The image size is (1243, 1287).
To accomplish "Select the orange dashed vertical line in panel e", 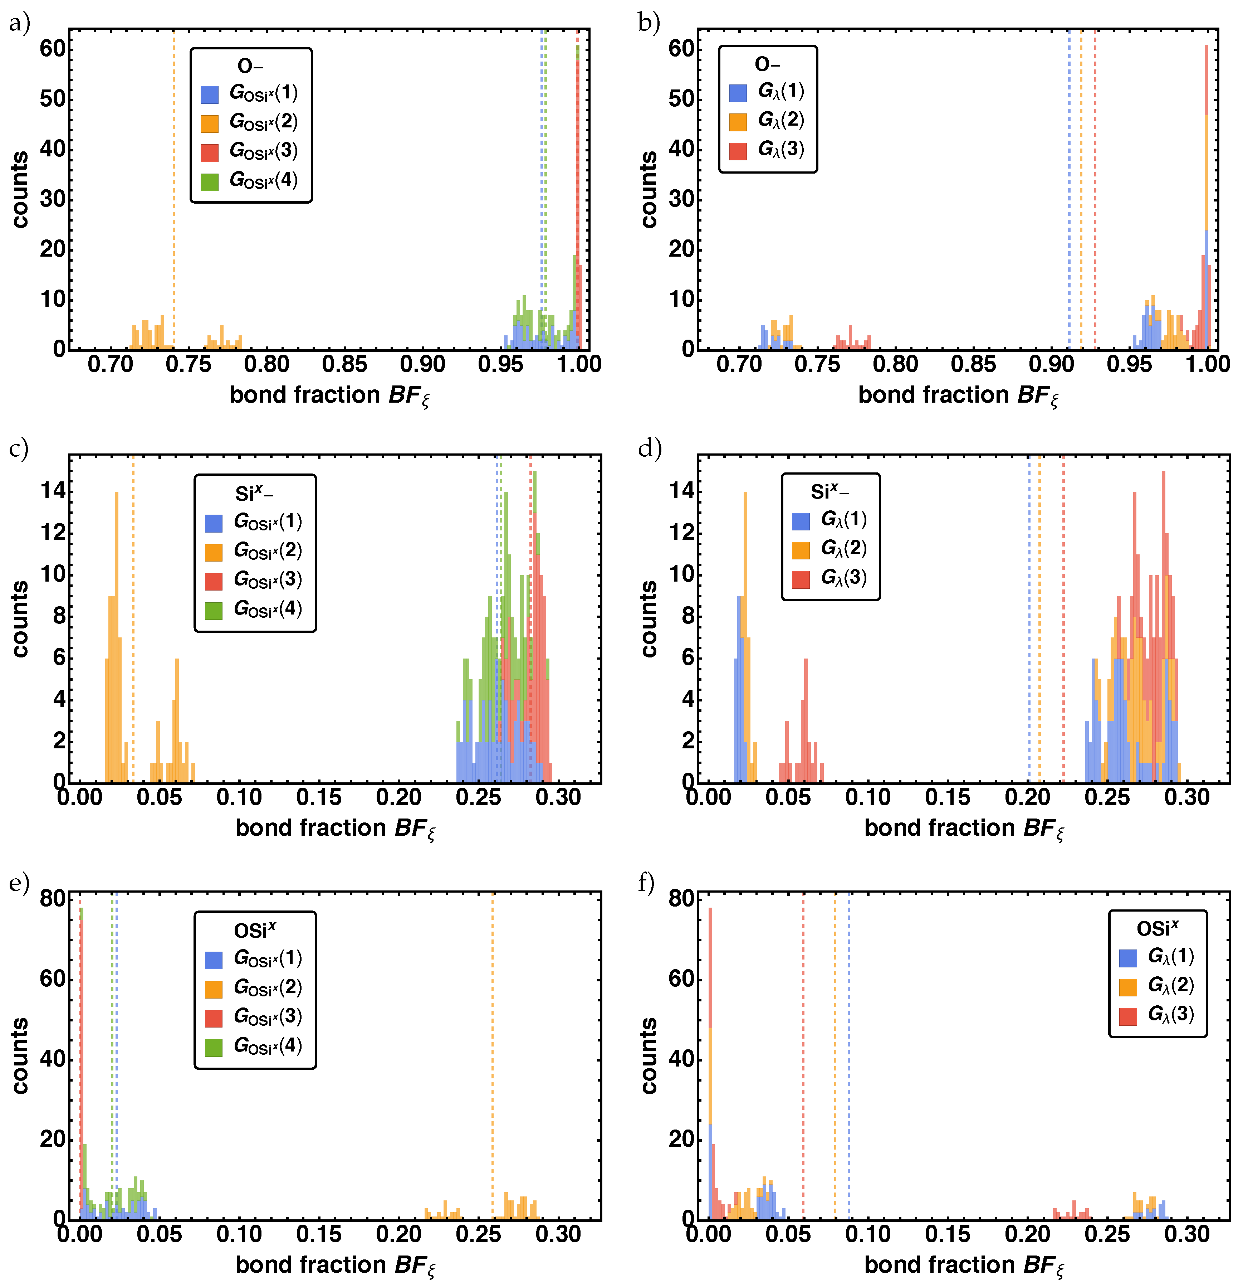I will (492, 1051).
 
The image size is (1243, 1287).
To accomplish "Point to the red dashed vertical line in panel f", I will (803, 1051).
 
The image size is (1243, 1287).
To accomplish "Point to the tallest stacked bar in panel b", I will (1205, 197).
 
